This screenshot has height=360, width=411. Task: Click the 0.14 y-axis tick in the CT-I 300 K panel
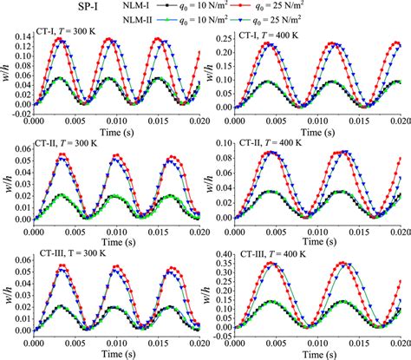tap(19, 40)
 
